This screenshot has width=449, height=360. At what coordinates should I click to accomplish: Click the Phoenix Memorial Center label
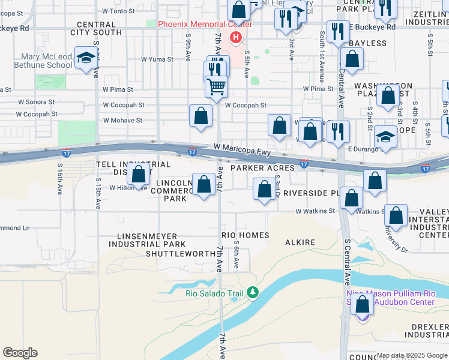(205, 24)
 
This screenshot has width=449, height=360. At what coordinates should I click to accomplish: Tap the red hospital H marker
(235, 38)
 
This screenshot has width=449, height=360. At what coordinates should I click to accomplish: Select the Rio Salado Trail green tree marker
(253, 292)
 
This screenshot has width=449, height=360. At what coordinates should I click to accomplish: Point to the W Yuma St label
(157, 59)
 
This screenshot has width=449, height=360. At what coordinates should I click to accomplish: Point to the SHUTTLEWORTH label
(180, 254)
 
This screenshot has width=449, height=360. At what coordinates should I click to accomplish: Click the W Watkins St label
(315, 211)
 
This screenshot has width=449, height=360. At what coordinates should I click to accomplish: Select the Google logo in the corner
(20, 353)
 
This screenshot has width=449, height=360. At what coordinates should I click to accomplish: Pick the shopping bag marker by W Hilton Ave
(139, 175)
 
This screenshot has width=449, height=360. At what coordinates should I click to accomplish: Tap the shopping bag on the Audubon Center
(363, 305)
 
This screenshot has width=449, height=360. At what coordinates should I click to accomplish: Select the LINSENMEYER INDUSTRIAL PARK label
(147, 240)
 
